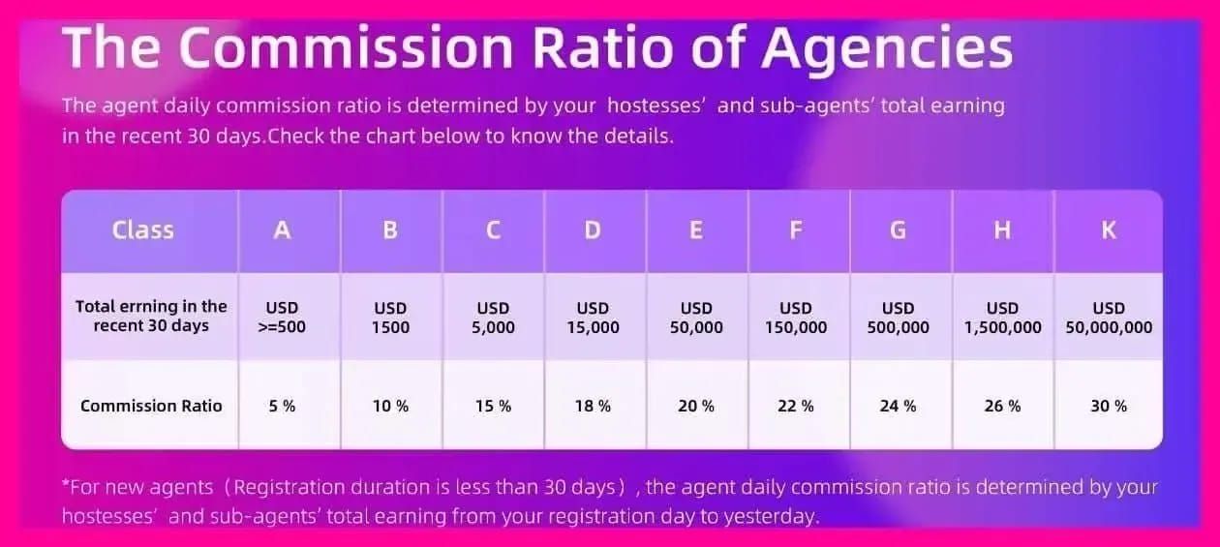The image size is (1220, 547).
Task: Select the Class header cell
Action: pyautogui.click(x=143, y=230)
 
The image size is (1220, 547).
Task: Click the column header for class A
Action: pyautogui.click(x=283, y=230)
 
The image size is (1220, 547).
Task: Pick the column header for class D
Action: pyautogui.click(x=593, y=230)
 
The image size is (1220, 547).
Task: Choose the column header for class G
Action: pyautogui.click(x=898, y=230)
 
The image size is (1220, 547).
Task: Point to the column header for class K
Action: pyautogui.click(x=1109, y=230)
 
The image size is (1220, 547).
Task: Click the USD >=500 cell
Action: pyautogui.click(x=283, y=318)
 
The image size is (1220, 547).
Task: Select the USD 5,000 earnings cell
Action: pyautogui.click(x=493, y=318)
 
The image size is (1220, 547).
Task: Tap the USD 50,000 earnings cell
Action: pyautogui.click(x=696, y=318)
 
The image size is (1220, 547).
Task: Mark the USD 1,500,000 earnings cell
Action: pyautogui.click(x=1002, y=318)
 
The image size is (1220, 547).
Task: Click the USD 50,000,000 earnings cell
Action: pyautogui.click(x=1109, y=318)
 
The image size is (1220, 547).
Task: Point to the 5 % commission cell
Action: pyautogui.click(x=283, y=407)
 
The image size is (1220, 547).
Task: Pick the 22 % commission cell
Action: pyautogui.click(x=796, y=407)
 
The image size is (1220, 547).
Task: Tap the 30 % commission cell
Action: pyautogui.click(x=1109, y=407)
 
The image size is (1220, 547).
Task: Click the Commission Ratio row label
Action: pyautogui.click(x=151, y=407)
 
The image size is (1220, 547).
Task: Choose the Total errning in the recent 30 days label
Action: pyautogui.click(x=151, y=317)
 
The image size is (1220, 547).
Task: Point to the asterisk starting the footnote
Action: pyautogui.click(x=66, y=484)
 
